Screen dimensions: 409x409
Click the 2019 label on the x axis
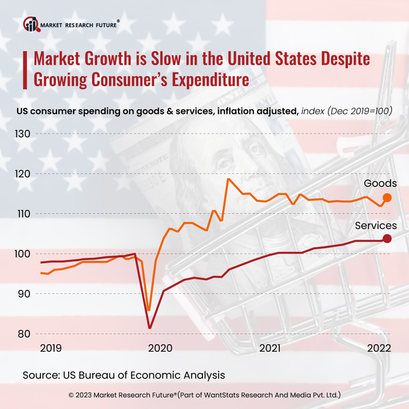coord(51,348)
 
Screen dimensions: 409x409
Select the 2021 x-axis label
coord(271,348)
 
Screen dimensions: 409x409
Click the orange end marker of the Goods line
coord(387,198)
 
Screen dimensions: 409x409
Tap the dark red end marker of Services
coord(387,239)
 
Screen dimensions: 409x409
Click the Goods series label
coord(380,183)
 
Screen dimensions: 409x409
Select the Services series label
coord(376,226)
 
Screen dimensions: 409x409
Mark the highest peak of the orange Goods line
coord(228,179)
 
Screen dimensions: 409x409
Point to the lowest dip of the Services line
coord(150,329)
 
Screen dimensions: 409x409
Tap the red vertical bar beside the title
coord(26,68)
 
